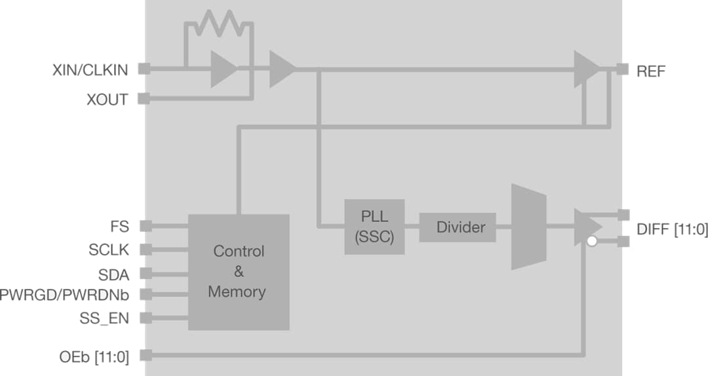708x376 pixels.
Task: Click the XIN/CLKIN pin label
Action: tap(90, 70)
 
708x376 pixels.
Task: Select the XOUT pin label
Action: tap(107, 100)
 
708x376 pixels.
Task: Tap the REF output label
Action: tap(650, 71)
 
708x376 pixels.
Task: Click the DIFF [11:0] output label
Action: tap(672, 230)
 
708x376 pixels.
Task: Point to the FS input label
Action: tap(120, 227)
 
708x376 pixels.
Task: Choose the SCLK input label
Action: tap(109, 250)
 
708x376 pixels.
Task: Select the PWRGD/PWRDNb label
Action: tap(64, 295)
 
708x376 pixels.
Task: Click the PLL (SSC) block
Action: tap(374, 227)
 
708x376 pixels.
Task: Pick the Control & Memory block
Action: tap(239, 271)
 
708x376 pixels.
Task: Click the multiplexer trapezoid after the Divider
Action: tap(528, 227)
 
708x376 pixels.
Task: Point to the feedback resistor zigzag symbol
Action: tap(216, 24)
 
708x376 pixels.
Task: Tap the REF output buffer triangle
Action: tap(585, 69)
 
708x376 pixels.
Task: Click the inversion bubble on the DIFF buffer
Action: tap(592, 242)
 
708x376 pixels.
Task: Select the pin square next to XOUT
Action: tap(145, 100)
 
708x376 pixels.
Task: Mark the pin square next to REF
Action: tap(623, 69)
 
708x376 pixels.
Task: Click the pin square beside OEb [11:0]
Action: tap(146, 356)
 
